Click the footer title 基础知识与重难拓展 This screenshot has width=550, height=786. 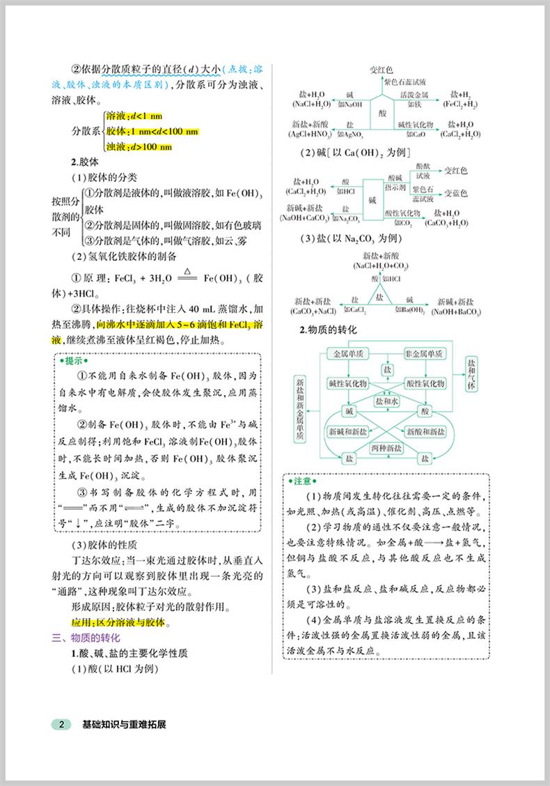pyautogui.click(x=124, y=724)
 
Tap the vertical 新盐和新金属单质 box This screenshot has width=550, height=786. pyautogui.click(x=301, y=408)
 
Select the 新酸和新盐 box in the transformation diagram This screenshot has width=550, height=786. pyautogui.click(x=425, y=432)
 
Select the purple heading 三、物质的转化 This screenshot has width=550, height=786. pyautogui.click(x=87, y=638)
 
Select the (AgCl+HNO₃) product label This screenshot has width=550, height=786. pyautogui.click(x=311, y=133)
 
